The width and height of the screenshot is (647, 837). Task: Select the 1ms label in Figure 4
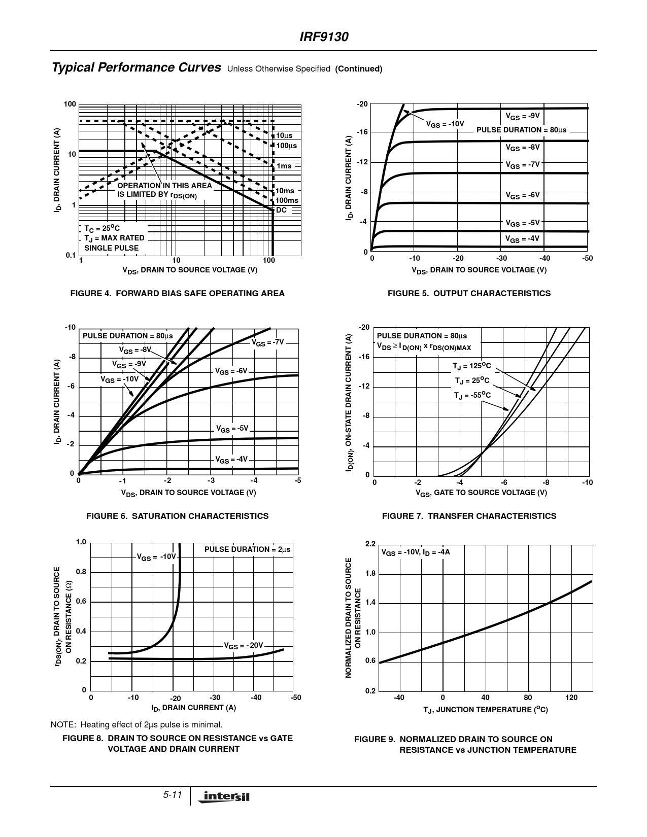284,166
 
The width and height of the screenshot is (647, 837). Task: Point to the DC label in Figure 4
281,210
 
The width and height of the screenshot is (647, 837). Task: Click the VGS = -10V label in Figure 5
445,124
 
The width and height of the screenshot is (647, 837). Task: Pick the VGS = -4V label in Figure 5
522,238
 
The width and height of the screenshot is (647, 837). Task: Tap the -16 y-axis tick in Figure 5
362,132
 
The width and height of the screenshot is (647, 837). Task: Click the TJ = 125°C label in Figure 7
472,366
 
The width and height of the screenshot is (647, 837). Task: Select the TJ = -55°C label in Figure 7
472,395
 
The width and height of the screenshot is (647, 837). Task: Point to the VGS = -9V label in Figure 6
129,364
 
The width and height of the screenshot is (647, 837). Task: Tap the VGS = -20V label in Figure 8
244,646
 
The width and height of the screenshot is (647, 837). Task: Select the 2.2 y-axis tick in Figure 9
370,544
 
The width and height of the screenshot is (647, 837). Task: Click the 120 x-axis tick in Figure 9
571,698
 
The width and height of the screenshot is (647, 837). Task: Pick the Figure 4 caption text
177,293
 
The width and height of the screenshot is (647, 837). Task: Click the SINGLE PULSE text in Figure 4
111,248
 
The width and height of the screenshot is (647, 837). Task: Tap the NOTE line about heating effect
137,724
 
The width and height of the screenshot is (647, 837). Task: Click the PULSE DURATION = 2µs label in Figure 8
248,549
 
